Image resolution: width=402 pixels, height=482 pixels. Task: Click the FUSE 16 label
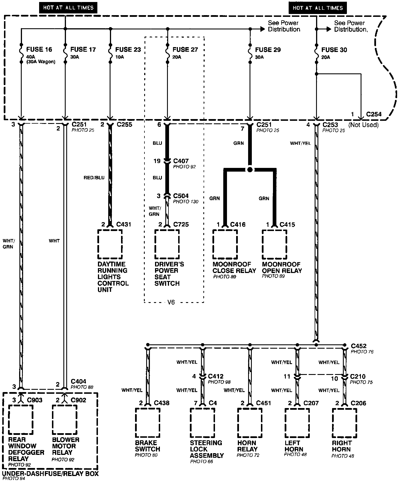point(39,49)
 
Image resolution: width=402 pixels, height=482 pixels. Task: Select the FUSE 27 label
point(185,49)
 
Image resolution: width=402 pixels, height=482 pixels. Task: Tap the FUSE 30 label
point(334,50)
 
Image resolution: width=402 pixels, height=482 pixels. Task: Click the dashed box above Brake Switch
point(148,423)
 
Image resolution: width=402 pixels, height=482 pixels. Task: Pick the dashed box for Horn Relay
point(250,423)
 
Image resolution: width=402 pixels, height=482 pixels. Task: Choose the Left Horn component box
point(297,423)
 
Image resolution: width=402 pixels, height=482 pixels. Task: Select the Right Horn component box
point(345,423)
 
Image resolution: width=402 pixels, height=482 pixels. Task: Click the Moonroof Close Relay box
point(225,244)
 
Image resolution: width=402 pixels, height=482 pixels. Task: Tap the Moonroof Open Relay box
point(275,244)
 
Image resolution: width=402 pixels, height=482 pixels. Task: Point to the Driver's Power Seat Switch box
point(167,244)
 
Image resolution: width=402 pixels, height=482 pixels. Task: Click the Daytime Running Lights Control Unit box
point(110,244)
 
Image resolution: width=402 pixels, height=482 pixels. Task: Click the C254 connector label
point(374,115)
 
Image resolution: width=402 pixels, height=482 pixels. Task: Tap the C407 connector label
point(181,161)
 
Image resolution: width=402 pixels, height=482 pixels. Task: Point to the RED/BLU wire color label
point(94,178)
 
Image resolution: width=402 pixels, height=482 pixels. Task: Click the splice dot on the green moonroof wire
point(250,170)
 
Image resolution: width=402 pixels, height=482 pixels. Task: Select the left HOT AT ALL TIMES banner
point(68,8)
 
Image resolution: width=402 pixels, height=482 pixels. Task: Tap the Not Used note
point(363,125)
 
